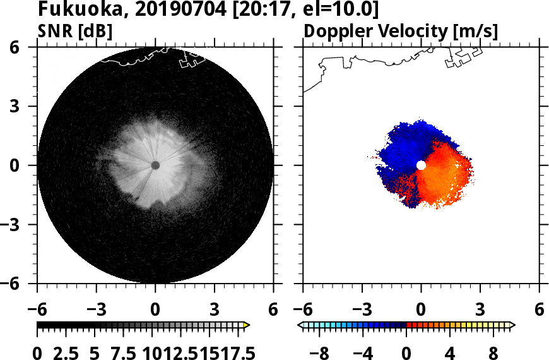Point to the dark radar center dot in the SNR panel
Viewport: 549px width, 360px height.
tap(155, 165)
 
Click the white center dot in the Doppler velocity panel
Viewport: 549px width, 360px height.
tap(421, 165)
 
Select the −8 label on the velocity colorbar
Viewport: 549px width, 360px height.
tap(322, 352)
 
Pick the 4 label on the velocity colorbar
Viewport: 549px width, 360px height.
tap(451, 352)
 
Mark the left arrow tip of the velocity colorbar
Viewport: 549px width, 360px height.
tap(300, 325)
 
